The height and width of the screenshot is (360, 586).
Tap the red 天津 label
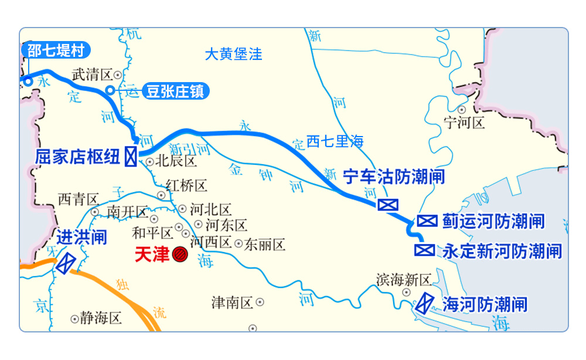[152, 254]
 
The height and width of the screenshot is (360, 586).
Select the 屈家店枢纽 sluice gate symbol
[131, 157]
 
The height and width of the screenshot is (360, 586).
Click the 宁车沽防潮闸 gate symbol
[387, 205]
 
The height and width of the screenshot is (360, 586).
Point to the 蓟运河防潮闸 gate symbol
[427, 221]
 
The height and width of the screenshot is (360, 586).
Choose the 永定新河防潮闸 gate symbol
[424, 250]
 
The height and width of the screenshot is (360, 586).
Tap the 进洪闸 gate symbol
[66, 262]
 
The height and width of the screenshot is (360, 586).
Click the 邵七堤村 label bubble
[56, 50]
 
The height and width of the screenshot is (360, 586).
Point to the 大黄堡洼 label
[233, 55]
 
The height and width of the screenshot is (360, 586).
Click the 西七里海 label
[335, 141]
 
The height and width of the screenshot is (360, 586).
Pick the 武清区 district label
[91, 74]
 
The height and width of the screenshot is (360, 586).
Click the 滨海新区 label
[404, 279]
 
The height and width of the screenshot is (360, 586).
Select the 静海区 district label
[101, 318]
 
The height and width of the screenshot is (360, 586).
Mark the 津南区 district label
[232, 303]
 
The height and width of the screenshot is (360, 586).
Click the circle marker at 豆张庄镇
[110, 90]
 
